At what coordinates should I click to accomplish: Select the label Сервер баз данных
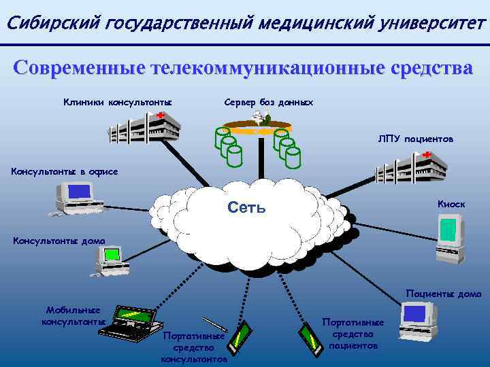pyautogui.click(x=268, y=102)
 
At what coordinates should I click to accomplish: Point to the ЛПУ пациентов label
pyautogui.click(x=416, y=139)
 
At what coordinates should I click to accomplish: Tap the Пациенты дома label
pyautogui.click(x=443, y=294)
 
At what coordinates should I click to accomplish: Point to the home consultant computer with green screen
pyautogui.click(x=108, y=260)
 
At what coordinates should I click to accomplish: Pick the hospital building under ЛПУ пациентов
pyautogui.click(x=412, y=166)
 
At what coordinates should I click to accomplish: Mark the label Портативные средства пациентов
pyautogui.click(x=353, y=334)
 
